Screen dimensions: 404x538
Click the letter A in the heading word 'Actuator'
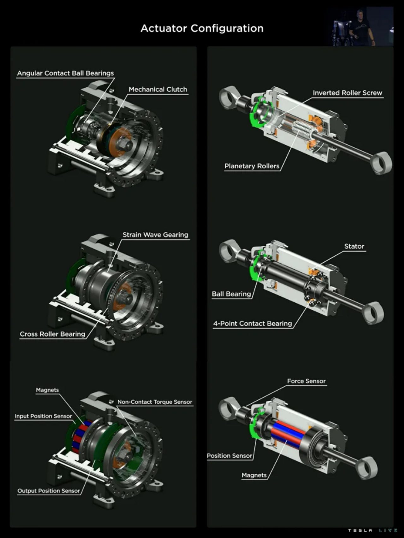point(144,28)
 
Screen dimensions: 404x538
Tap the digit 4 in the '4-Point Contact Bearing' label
point(215,324)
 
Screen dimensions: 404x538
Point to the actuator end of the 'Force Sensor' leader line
point(246,406)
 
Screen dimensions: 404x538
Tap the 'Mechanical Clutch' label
point(158,90)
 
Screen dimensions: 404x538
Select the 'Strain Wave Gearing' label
point(155,235)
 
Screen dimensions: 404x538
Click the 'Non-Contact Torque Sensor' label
point(155,402)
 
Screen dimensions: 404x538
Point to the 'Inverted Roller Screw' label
point(348,93)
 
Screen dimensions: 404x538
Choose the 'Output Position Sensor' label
point(49,491)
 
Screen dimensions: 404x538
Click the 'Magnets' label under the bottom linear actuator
point(254,475)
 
